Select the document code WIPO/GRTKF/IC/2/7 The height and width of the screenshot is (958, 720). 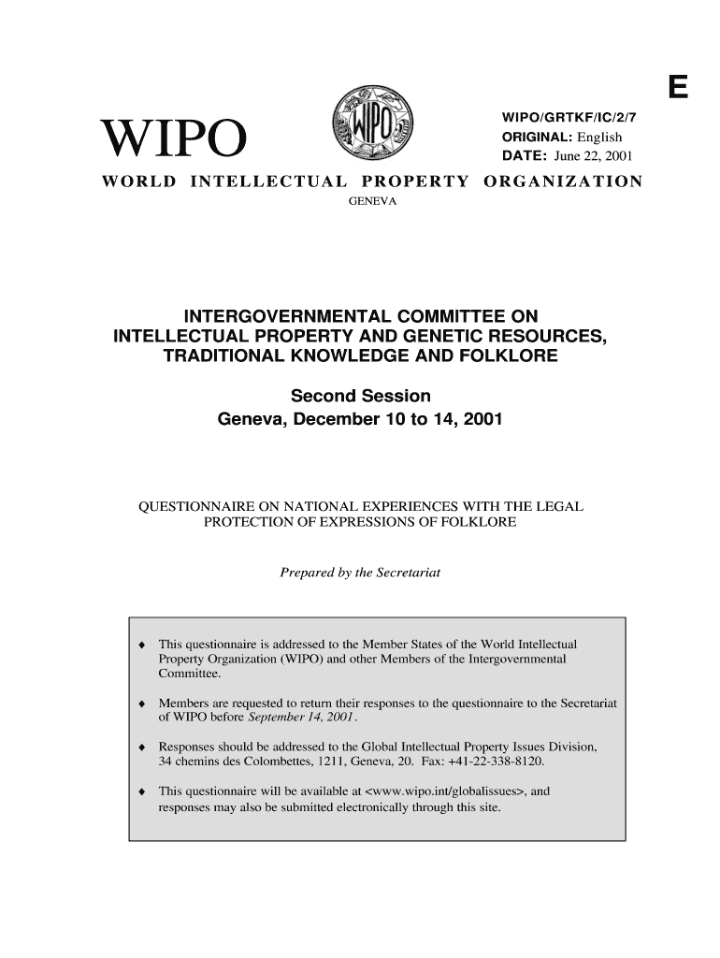[x=564, y=116]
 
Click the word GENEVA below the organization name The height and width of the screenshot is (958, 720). [x=372, y=201]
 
